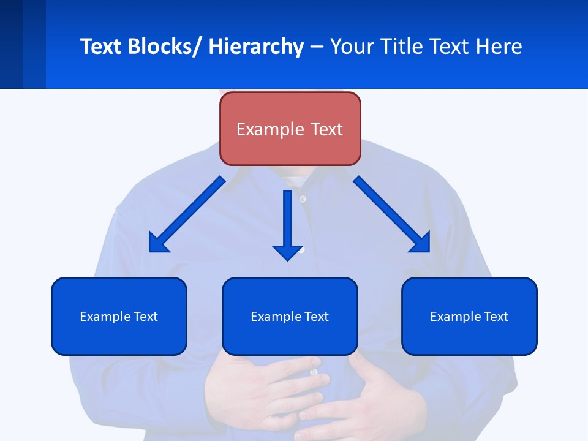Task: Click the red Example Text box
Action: point(290,129)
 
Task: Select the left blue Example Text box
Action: point(119,316)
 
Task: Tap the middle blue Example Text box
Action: point(290,316)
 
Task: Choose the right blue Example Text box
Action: point(469,316)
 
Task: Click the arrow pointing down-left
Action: point(187,215)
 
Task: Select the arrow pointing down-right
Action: point(392,215)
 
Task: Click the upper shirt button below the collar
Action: point(303,199)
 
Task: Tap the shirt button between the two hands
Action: point(314,372)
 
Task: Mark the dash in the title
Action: point(317,47)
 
